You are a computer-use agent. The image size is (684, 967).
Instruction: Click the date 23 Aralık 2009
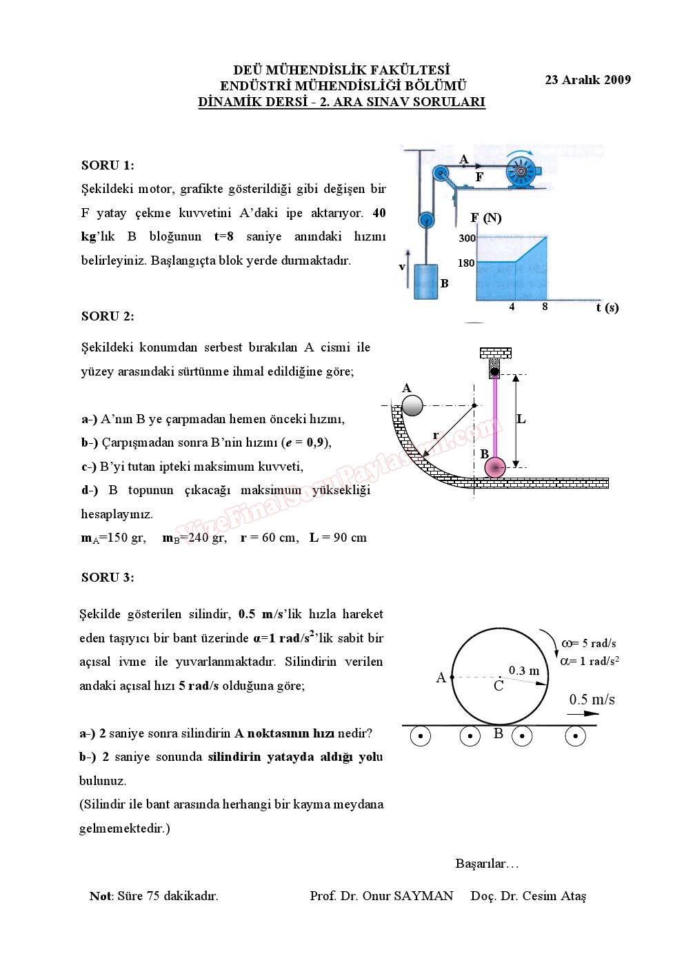(587, 79)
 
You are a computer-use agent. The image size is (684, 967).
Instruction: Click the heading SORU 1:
(108, 165)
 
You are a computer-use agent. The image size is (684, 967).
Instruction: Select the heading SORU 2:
(108, 316)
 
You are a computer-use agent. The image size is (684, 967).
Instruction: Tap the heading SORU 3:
(108, 578)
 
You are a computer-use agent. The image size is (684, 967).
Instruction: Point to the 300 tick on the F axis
(467, 238)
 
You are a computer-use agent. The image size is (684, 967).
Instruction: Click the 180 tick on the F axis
(467, 263)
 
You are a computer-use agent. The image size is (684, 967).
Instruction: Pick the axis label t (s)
(607, 307)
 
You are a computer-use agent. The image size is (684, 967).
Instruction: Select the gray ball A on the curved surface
(412, 405)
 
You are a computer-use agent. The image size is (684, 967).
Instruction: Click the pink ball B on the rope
(494, 468)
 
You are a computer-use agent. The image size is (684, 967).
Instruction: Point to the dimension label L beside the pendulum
(521, 419)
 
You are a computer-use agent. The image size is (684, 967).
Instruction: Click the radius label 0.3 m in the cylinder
(523, 670)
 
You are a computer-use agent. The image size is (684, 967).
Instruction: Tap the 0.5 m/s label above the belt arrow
(592, 700)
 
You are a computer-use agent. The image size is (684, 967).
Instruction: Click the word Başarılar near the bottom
(485, 863)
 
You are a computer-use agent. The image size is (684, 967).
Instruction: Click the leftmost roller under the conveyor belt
(420, 737)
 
